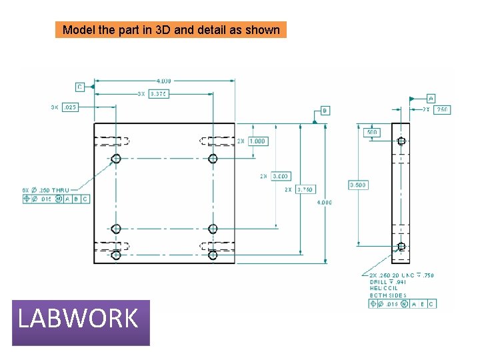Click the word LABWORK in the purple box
point(78,319)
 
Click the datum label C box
point(80,87)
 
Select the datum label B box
point(325,111)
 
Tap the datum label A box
point(431,98)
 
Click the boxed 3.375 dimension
point(159,94)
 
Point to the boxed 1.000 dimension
point(257,141)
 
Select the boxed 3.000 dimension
point(281,176)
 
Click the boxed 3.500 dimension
point(358,185)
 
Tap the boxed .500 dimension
point(372,133)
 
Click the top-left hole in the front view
point(116,158)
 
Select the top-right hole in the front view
point(213,158)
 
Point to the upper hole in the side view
point(401,141)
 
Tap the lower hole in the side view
point(401,247)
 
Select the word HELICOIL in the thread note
point(383,288)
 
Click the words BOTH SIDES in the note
point(388,295)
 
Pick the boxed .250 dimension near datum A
point(441,109)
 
